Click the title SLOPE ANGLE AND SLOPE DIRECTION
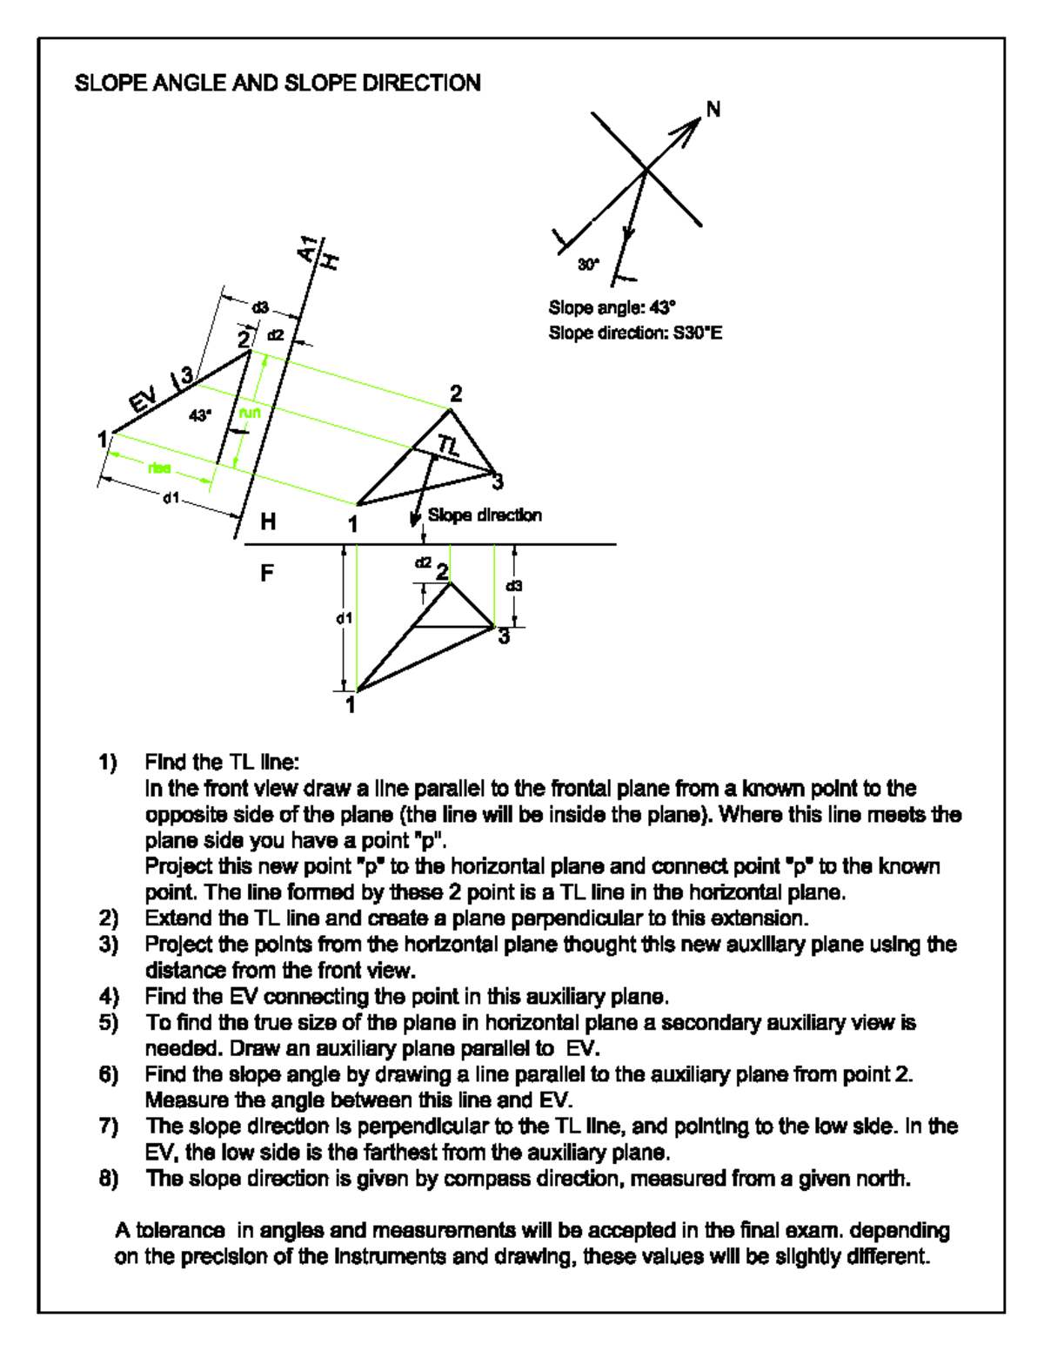tap(278, 83)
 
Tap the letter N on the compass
tap(713, 110)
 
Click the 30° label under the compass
tap(589, 264)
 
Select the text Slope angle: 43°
tap(612, 307)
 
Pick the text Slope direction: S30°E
tap(635, 333)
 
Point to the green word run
tap(250, 413)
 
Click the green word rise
tap(159, 468)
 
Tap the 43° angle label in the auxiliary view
tap(200, 415)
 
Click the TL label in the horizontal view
tap(449, 446)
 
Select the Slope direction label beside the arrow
tap(485, 515)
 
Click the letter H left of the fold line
tap(268, 521)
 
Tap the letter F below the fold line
tap(267, 573)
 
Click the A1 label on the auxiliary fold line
tap(306, 249)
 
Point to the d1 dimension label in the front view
tap(345, 618)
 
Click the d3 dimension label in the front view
tap(514, 586)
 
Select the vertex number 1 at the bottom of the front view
tap(351, 704)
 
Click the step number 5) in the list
tap(108, 1022)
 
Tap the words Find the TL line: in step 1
tap(222, 763)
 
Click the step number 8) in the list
tap(108, 1178)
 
